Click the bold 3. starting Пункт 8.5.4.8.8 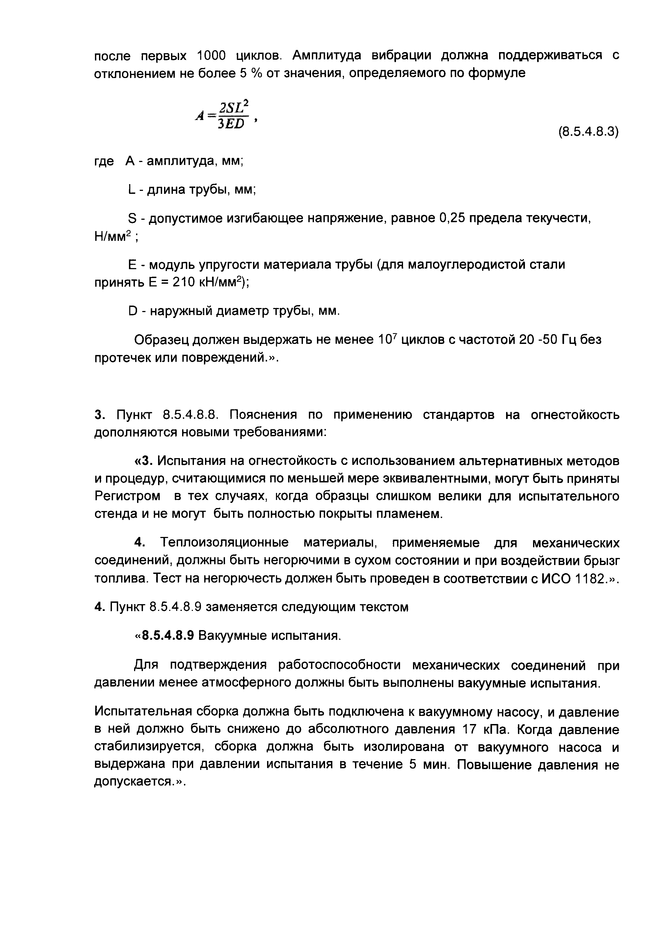point(98,415)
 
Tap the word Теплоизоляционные point(225,543)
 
